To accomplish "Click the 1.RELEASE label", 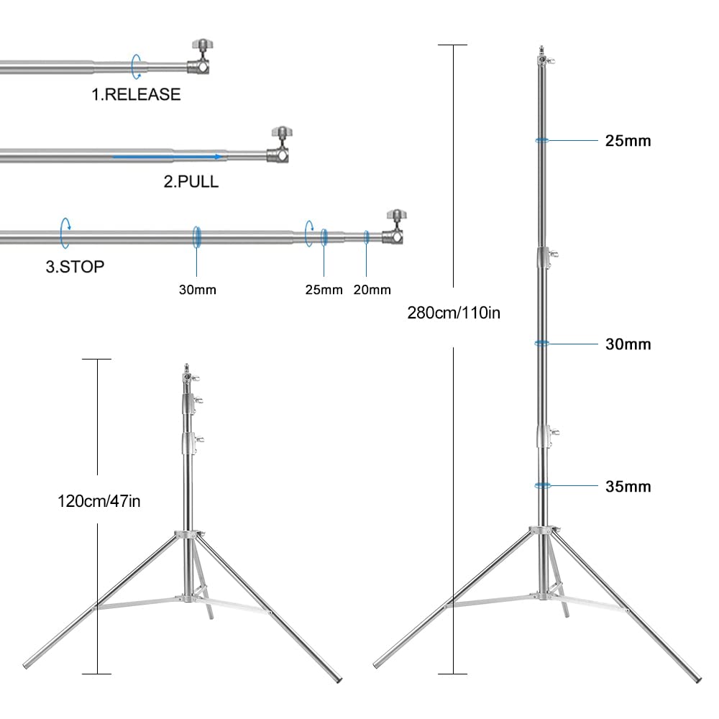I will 136,94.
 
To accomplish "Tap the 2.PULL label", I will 191,182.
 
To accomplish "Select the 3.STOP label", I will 75,267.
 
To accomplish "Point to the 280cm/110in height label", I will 453,313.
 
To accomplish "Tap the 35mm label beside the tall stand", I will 628,487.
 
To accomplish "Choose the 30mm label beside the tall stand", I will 628,344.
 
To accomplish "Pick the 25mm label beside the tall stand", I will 628,141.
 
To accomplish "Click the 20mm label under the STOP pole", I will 372,290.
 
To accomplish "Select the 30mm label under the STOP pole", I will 198,290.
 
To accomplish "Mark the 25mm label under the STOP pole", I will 324,290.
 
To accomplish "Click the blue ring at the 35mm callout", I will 543,486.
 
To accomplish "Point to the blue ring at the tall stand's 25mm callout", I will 543,140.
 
